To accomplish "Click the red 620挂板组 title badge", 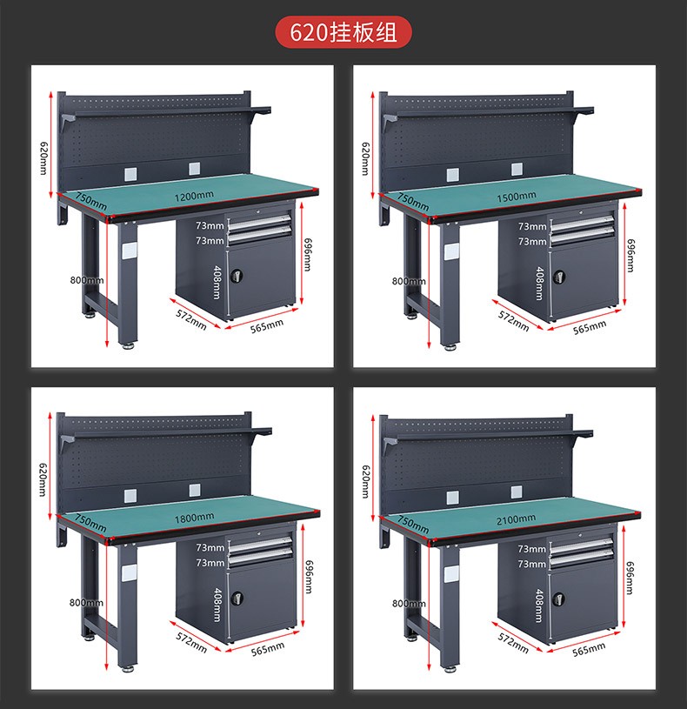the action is [x=343, y=32].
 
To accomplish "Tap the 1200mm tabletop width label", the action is [x=194, y=196].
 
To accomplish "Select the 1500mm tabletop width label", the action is [x=517, y=197].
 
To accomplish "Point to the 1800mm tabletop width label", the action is [x=194, y=518].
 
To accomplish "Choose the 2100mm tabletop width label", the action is [x=517, y=519].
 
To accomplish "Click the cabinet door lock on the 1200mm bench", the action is [x=237, y=275].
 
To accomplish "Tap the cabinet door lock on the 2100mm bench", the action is [x=559, y=599].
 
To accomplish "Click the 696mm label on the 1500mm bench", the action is [x=630, y=255].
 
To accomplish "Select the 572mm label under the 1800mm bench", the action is [x=191, y=643].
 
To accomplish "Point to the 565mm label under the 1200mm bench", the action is [x=267, y=326].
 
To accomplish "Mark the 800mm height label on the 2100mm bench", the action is [x=409, y=603].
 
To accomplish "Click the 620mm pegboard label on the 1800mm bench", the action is [x=43, y=479].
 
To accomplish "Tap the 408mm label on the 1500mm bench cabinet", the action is [x=539, y=283].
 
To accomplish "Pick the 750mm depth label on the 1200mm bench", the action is [x=90, y=202].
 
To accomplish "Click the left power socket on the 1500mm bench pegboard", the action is [x=453, y=175].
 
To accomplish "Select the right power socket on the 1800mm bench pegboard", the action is [x=195, y=490].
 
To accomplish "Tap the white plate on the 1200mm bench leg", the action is [x=130, y=251].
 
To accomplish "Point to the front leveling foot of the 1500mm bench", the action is [x=450, y=347].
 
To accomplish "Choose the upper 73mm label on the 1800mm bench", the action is [x=210, y=547].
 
